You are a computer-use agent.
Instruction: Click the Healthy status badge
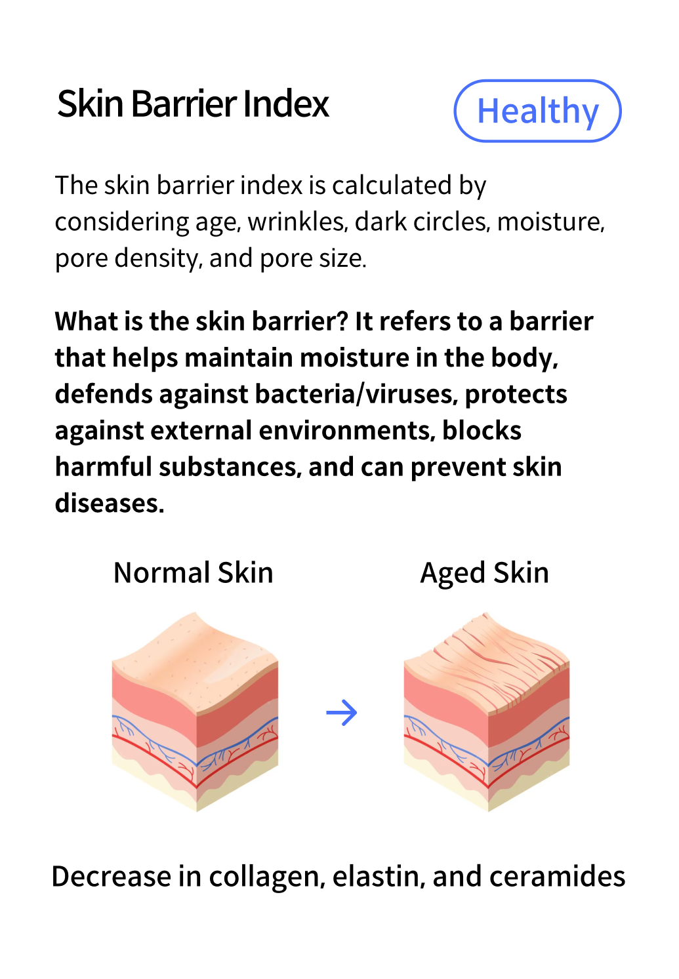pyautogui.click(x=537, y=111)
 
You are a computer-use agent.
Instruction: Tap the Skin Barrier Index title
pyautogui.click(x=193, y=104)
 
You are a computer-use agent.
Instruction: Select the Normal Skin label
pyautogui.click(x=193, y=572)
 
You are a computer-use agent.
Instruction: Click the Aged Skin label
pyautogui.click(x=484, y=572)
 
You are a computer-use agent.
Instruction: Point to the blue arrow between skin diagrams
pyautogui.click(x=342, y=712)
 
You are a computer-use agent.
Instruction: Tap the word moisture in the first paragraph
pyautogui.click(x=550, y=222)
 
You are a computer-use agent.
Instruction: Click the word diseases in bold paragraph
pyautogui.click(x=109, y=503)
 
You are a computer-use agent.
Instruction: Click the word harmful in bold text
pyautogui.click(x=103, y=467)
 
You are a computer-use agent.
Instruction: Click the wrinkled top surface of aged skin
pyautogui.click(x=489, y=659)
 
